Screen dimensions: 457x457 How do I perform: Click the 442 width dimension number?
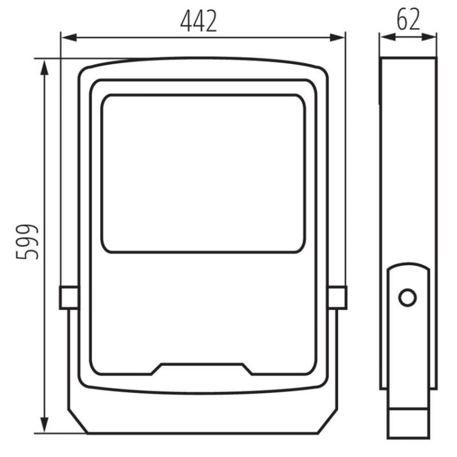tap(199, 21)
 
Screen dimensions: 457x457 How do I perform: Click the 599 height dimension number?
tap(27, 242)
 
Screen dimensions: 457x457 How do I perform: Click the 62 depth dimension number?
tap(408, 19)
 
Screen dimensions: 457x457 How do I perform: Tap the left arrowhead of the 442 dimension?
tap(69, 38)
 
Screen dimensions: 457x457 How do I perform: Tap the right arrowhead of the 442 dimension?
tap(337, 38)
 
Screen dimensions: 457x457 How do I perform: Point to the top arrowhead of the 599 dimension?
tap(44, 68)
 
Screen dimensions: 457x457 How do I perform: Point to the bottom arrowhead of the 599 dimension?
tap(44, 425)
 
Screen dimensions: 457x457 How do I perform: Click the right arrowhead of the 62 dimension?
tap(429, 37)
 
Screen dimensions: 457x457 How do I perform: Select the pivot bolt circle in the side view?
tap(407, 298)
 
